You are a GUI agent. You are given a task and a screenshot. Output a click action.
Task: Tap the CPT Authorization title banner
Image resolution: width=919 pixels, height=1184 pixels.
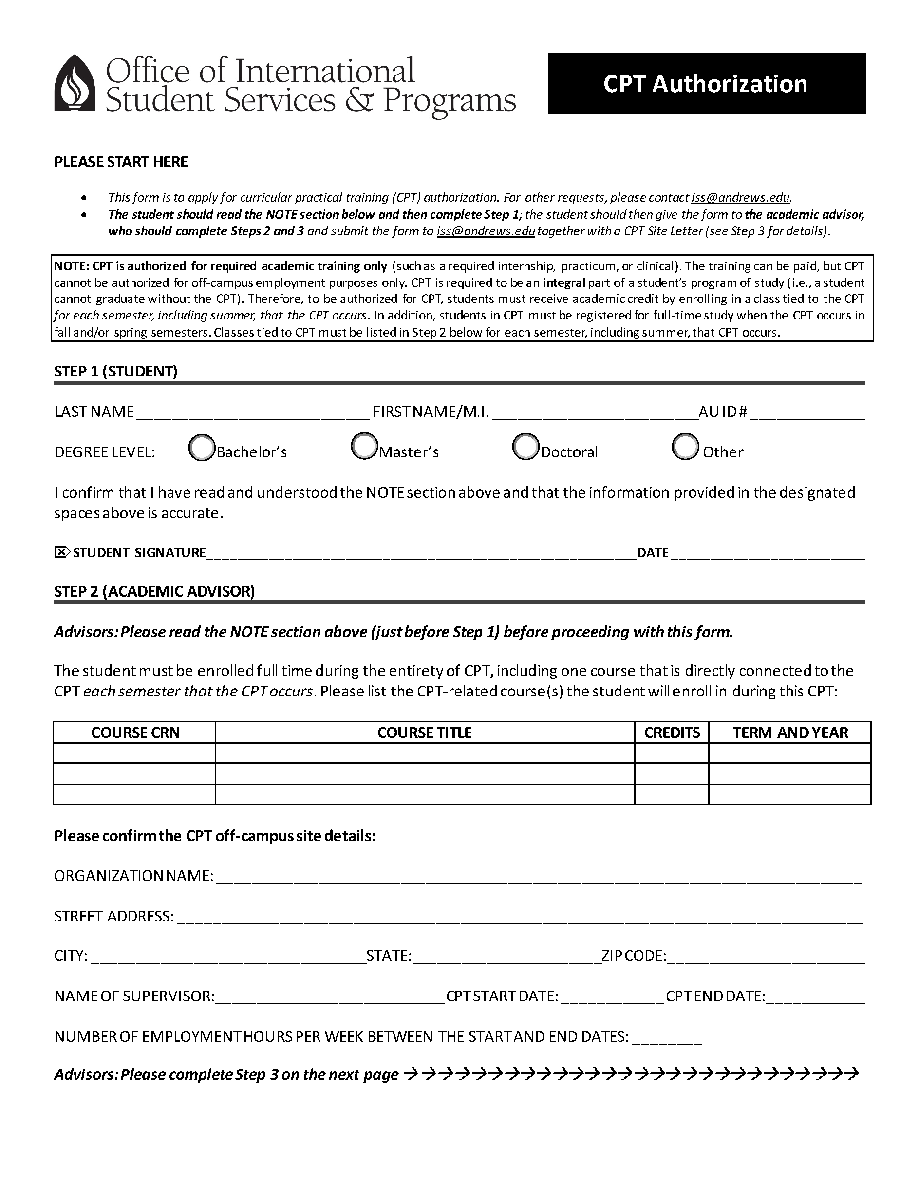coord(706,83)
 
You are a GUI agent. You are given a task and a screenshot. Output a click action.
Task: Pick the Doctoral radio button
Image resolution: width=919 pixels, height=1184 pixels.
coord(525,447)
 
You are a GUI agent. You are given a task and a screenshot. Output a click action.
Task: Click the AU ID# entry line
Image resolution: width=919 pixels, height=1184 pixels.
coord(807,413)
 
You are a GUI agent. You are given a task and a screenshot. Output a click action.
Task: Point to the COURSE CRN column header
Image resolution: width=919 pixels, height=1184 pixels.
coord(135,733)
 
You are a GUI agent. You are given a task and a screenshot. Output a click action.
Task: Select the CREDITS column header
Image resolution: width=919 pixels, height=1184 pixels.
coord(672,733)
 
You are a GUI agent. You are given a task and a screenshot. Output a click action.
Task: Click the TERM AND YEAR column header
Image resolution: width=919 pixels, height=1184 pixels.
coord(790,733)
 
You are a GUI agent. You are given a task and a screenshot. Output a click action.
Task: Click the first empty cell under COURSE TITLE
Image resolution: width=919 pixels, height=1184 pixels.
coord(425,753)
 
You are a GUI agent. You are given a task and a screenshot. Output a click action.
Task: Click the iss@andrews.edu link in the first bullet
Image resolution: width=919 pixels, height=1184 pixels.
coord(740,197)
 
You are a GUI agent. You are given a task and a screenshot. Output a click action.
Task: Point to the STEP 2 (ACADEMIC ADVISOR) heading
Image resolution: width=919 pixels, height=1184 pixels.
coord(154,591)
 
